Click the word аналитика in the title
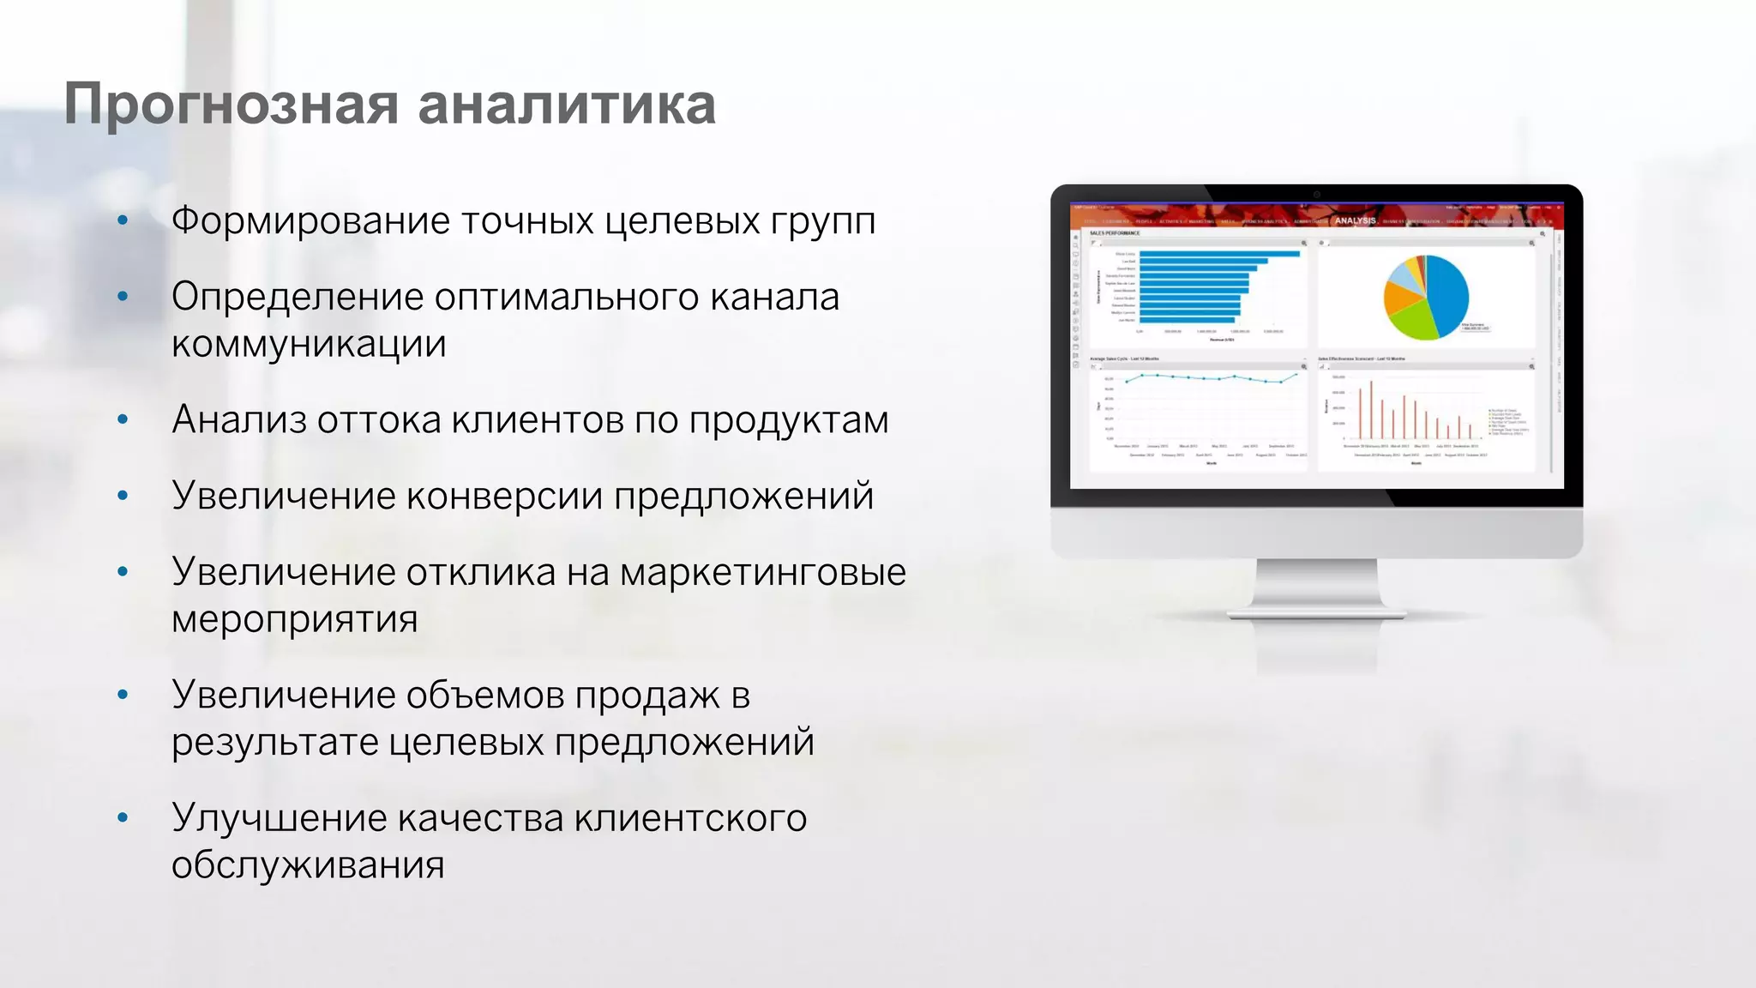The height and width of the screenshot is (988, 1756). pos(566,105)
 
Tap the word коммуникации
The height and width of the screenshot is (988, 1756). pos(309,344)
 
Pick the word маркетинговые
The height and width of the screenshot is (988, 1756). pos(762,572)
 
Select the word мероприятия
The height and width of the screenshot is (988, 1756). pos(294,619)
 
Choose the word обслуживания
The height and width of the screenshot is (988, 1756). pos(308,865)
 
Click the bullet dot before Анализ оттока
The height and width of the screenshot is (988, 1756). pos(123,420)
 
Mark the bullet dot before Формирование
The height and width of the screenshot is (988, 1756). pos(123,221)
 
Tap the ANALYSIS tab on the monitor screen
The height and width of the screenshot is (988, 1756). pos(1355,220)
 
